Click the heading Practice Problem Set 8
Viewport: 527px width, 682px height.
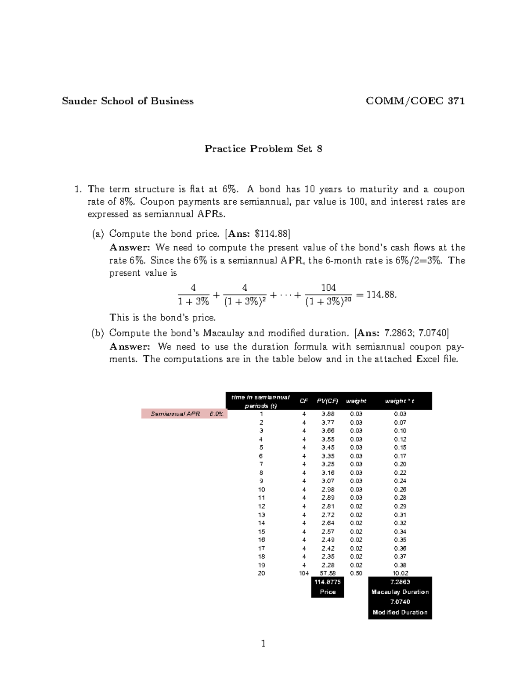263,149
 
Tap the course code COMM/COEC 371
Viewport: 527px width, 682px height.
415,101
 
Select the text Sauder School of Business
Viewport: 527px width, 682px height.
127,101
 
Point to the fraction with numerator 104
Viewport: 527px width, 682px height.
328,294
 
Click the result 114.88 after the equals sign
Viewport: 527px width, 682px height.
381,294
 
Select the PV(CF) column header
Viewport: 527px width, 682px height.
328,401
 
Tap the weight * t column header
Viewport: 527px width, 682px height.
400,401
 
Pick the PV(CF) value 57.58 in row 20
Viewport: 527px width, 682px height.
328,573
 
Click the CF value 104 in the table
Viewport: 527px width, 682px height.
304,573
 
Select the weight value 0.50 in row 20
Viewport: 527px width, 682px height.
356,573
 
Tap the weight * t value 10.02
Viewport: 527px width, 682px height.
400,573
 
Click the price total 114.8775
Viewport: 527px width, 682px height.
328,582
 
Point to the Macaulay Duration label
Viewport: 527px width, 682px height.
400,592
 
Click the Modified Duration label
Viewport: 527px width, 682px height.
400,612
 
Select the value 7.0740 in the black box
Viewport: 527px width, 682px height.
400,602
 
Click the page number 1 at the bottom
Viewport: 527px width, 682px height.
263,644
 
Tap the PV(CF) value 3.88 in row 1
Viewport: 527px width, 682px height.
328,414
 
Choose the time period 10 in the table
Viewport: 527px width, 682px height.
261,489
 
